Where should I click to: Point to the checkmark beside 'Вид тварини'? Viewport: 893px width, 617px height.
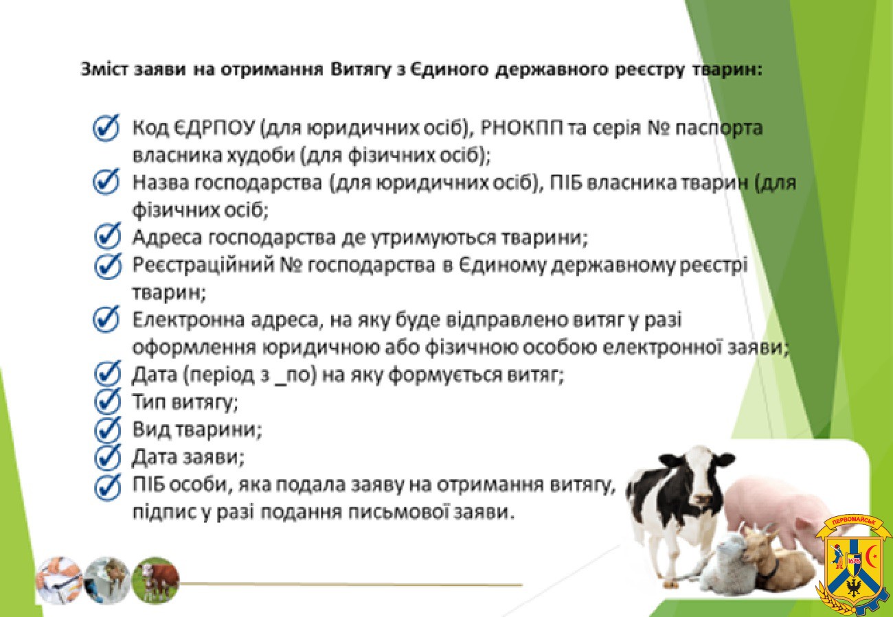point(108,429)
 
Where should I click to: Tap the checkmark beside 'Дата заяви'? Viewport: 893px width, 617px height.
point(108,456)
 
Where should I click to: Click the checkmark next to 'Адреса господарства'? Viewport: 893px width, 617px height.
point(108,237)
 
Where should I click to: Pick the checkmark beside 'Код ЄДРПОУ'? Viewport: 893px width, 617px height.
point(106,128)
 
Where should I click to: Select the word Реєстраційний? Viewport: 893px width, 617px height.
point(204,266)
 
